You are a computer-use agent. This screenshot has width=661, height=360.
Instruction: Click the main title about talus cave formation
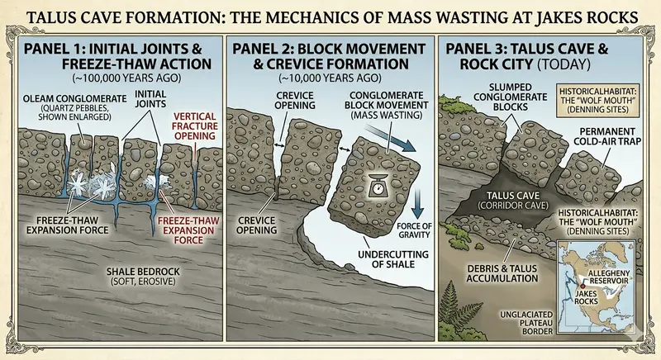click(x=330, y=17)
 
